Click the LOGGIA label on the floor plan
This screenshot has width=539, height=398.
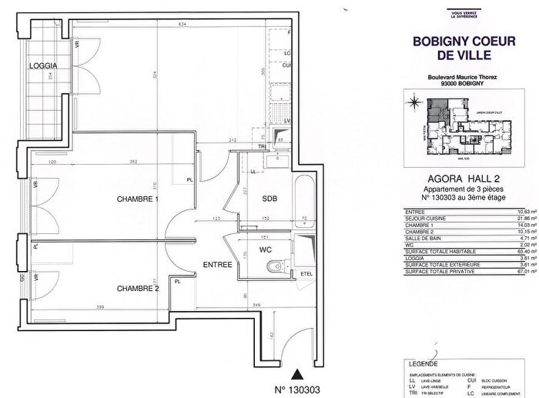[x=45, y=66]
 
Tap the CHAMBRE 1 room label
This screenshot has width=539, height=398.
[x=137, y=200]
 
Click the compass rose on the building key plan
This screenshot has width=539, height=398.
[x=414, y=101]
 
